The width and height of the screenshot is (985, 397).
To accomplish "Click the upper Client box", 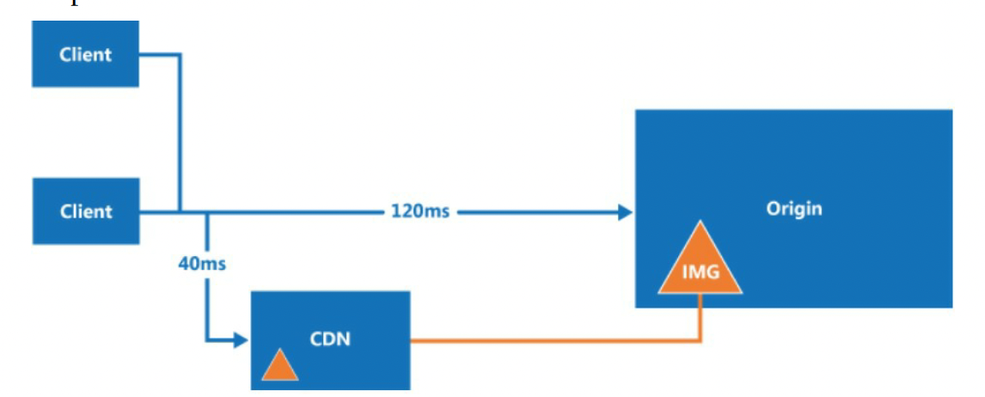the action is point(85,53).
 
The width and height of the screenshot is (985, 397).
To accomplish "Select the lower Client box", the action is point(85,211).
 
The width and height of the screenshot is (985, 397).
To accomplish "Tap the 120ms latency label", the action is point(420,211).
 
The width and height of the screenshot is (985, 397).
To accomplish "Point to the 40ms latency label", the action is point(202,264).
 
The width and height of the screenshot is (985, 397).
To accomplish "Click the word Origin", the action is point(794,209).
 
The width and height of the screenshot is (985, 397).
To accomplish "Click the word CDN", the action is point(330,339).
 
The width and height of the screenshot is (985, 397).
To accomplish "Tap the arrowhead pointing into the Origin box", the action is point(625,212).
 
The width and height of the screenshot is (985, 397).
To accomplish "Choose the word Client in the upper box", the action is point(85,55).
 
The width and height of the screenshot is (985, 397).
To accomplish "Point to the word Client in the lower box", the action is point(85,211).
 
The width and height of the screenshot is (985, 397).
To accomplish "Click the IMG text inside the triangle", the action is point(700,274).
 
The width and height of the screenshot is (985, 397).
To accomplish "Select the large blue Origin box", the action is point(793,209).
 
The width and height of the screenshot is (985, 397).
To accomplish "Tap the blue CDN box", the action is point(330,339).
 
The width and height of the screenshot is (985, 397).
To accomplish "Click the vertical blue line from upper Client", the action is point(180,132).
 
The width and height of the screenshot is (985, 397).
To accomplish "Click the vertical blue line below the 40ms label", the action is point(206,308).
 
